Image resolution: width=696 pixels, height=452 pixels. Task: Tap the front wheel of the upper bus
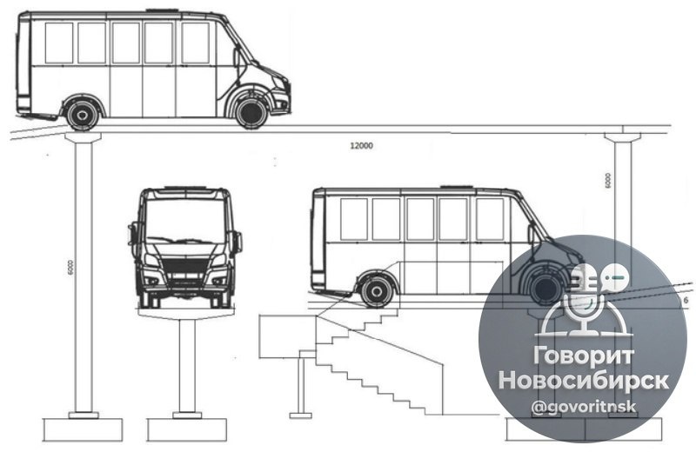pos(251,112)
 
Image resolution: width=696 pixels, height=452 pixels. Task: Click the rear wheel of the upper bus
pos(83,114)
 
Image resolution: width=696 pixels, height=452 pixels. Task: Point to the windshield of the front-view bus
pos(184,218)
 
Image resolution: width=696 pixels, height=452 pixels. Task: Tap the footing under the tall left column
pos(84,429)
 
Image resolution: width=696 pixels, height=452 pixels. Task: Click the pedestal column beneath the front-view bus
pos(184,365)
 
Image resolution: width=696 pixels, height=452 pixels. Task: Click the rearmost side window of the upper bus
pos(59,43)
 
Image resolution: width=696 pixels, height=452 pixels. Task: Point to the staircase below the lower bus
pos(365,356)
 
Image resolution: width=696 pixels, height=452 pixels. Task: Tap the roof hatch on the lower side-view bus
pos(458,186)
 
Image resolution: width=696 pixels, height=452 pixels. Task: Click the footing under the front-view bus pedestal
pos(186,429)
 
